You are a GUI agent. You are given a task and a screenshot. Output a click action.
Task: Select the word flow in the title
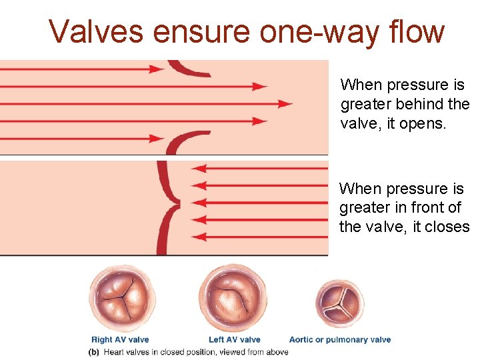416,31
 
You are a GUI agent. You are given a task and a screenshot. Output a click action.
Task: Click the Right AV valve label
120,340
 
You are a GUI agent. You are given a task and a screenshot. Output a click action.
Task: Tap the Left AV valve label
234,340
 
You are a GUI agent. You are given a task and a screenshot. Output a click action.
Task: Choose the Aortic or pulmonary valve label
340,340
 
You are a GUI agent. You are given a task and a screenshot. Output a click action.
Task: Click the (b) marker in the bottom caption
95,352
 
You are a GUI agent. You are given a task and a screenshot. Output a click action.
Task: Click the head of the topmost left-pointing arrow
199,169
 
